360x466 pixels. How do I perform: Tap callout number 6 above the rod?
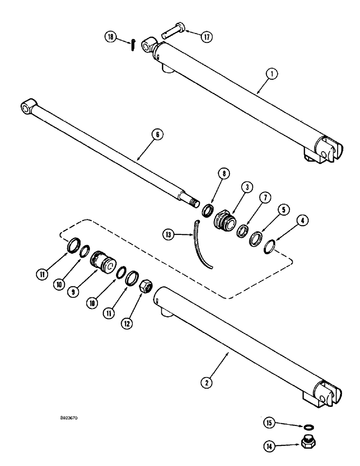(157, 134)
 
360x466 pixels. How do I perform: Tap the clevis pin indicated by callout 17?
(172, 34)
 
